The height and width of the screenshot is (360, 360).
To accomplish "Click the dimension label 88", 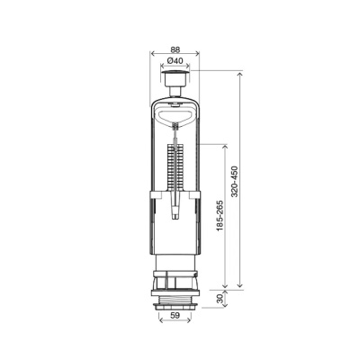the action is click(175, 49).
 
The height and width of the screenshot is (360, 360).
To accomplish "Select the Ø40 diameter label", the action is click(175, 60).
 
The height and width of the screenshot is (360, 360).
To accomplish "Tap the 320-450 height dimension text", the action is click(235, 182).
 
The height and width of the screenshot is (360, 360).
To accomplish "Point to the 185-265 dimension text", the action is click(220, 215).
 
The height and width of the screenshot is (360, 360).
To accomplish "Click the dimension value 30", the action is click(220, 299).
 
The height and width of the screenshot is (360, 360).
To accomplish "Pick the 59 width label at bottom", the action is click(175, 315).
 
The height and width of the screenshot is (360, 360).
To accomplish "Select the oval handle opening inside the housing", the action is click(175, 116).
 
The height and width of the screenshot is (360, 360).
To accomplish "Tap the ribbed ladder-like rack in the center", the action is click(175, 167).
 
